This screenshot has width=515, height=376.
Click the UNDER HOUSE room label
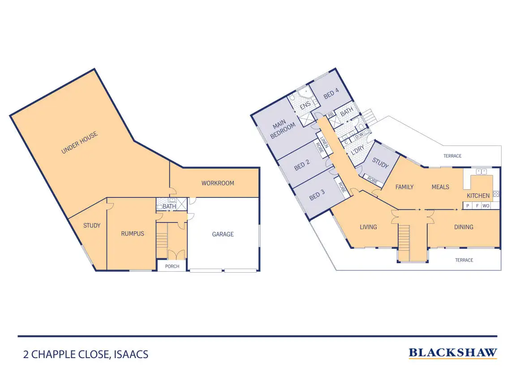point(79,143)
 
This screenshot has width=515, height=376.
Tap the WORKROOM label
point(218,183)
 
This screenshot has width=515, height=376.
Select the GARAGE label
point(223,234)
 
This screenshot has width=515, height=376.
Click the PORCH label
point(172,266)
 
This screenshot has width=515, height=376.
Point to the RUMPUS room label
point(133,234)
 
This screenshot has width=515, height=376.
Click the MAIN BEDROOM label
point(283,129)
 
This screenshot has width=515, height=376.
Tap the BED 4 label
point(331,93)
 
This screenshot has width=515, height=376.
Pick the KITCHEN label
point(478,196)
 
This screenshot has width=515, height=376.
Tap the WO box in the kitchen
point(486,206)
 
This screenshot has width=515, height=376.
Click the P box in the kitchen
point(468,206)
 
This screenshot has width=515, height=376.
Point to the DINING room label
point(463,227)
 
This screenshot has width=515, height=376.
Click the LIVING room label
point(368,227)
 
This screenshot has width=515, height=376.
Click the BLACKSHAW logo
point(453,353)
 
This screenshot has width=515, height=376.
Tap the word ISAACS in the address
point(131,355)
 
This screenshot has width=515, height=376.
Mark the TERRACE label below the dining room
point(464,260)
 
